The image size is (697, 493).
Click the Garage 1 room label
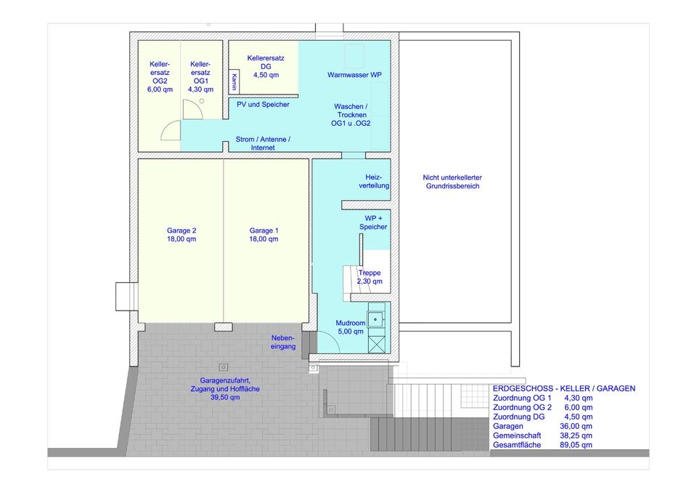pos(264,235)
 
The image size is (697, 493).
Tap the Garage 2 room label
pos(182,235)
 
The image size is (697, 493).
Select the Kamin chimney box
pos(234,81)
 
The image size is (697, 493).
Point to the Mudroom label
pos(350,327)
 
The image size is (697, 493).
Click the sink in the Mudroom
pos(376,319)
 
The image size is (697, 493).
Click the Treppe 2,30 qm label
pos(370,277)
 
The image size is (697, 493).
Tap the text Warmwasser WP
pos(354,75)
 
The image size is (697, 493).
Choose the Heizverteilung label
pos(374,181)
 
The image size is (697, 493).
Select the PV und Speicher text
pos(263,104)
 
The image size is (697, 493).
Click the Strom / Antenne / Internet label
pos(263,143)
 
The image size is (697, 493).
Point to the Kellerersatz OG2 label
pos(160,76)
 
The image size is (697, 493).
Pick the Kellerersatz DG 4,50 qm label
pos(266,66)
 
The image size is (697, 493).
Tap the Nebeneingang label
pos(283,342)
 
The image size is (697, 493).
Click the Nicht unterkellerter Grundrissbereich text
pos(452,182)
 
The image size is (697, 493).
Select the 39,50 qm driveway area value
pos(225,397)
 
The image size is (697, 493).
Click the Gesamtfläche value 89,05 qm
pos(576,444)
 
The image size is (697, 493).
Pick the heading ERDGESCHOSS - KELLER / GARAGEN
pos(564,388)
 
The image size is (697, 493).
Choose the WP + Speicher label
pos(373,223)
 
